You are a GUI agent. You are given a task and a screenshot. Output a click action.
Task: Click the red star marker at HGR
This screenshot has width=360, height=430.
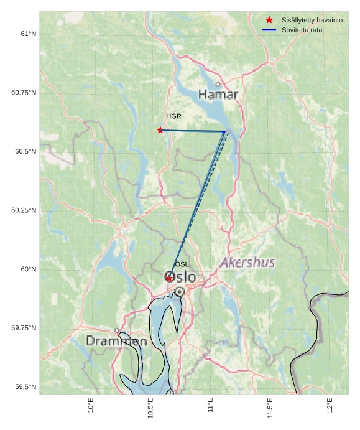160,130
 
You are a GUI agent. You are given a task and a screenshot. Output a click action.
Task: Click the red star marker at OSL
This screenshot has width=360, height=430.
169,278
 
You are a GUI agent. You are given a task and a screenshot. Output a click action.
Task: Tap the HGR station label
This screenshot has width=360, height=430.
173,116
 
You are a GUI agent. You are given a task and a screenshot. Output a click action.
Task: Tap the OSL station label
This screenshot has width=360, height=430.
182,264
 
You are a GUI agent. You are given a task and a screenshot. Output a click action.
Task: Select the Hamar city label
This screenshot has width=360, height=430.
218,95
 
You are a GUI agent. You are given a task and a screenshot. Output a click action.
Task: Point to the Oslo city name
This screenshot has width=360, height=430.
180,277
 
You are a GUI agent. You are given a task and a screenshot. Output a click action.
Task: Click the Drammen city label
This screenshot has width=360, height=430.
116,341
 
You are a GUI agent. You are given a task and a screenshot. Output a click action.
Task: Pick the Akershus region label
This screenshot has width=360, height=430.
247,263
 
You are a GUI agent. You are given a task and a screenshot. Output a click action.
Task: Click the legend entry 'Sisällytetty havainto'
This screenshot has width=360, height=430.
312,20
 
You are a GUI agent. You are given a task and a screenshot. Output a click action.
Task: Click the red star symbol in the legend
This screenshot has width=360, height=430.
269,20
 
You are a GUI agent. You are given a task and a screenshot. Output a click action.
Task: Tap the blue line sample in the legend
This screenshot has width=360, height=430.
269,30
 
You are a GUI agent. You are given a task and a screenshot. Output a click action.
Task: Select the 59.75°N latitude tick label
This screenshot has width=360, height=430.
24,328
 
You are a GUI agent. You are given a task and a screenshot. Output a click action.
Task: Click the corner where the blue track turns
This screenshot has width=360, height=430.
224,131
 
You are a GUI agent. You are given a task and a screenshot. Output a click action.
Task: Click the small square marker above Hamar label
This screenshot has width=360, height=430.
218,84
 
